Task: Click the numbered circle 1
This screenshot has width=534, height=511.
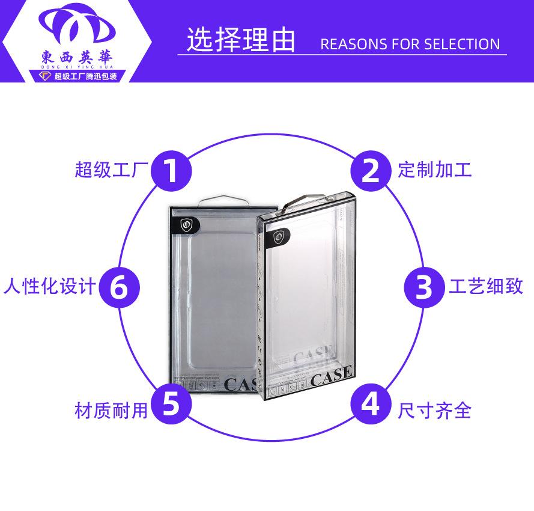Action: coord(171,170)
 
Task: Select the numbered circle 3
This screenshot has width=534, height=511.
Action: coord(423,287)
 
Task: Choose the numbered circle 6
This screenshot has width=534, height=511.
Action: coord(119,287)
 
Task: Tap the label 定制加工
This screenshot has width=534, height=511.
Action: coord(435,170)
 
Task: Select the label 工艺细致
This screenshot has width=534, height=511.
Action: coord(486,287)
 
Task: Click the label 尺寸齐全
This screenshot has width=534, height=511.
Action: coord(435,411)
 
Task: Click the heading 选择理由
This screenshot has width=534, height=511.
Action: coord(241,40)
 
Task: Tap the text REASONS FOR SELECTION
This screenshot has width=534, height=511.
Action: coord(410,44)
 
